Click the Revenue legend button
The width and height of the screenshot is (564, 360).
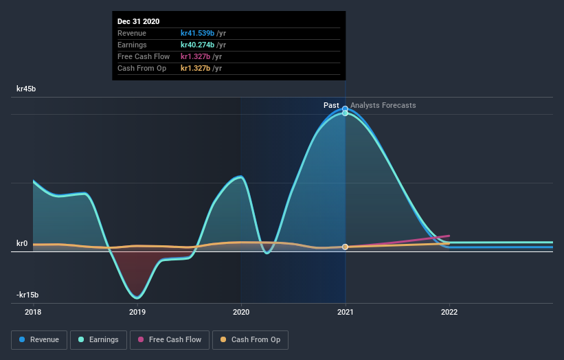pyautogui.click(x=40, y=339)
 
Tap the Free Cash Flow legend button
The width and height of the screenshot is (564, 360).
pyautogui.click(x=169, y=339)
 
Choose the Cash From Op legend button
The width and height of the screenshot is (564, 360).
pyautogui.click(x=250, y=339)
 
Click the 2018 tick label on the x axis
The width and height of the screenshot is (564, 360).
pyautogui.click(x=33, y=312)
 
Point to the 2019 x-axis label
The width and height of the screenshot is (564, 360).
pyautogui.click(x=137, y=312)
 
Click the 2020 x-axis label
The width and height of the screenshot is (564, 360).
pyautogui.click(x=241, y=312)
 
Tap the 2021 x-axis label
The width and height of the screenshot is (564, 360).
pyautogui.click(x=345, y=312)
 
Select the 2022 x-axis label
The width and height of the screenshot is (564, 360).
pyautogui.click(x=449, y=312)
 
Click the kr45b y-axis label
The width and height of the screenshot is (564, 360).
pyautogui.click(x=27, y=89)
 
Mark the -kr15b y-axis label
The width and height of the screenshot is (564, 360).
pyautogui.click(x=27, y=295)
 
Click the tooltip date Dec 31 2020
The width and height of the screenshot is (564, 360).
pyautogui.click(x=138, y=21)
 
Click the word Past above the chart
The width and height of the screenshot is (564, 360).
pyautogui.click(x=331, y=105)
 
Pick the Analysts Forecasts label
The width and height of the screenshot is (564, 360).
pyautogui.click(x=383, y=105)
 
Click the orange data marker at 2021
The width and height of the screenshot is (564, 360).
pyautogui.click(x=345, y=247)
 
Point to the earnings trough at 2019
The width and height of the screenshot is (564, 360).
pyautogui.click(x=137, y=297)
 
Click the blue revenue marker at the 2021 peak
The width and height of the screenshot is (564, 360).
pyautogui.click(x=345, y=109)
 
